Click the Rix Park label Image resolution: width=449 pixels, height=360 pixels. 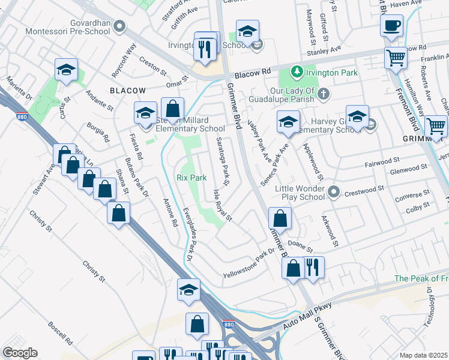click(191, 178)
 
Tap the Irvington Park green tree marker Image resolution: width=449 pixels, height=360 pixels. click(296, 73)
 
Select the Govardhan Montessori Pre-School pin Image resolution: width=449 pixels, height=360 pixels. click(119, 26)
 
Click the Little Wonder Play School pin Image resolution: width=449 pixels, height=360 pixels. click(333, 192)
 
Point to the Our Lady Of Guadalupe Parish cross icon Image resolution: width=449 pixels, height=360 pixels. click(324, 93)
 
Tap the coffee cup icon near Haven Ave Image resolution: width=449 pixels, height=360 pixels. click(391, 26)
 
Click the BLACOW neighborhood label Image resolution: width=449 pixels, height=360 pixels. click(128, 90)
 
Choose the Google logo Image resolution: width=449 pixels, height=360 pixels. click(20, 353)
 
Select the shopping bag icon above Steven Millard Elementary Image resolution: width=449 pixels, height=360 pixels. click(173, 109)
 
